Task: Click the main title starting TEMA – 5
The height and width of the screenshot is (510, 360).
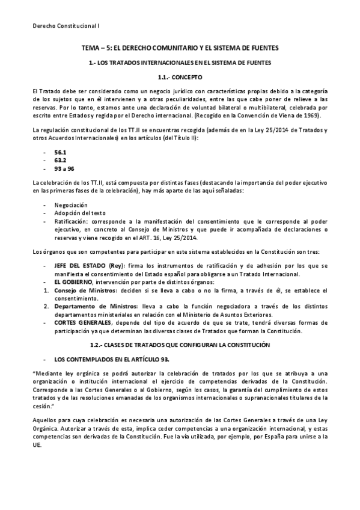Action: tap(180, 47)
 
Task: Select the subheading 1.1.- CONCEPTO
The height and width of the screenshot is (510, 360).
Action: tap(180, 78)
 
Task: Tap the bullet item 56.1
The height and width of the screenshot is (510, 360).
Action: tap(60, 153)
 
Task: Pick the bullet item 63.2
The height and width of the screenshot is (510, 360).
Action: tap(60, 161)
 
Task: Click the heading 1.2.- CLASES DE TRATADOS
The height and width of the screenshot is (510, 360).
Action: tap(180, 344)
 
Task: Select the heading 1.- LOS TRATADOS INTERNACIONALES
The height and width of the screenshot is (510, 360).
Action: tap(180, 62)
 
